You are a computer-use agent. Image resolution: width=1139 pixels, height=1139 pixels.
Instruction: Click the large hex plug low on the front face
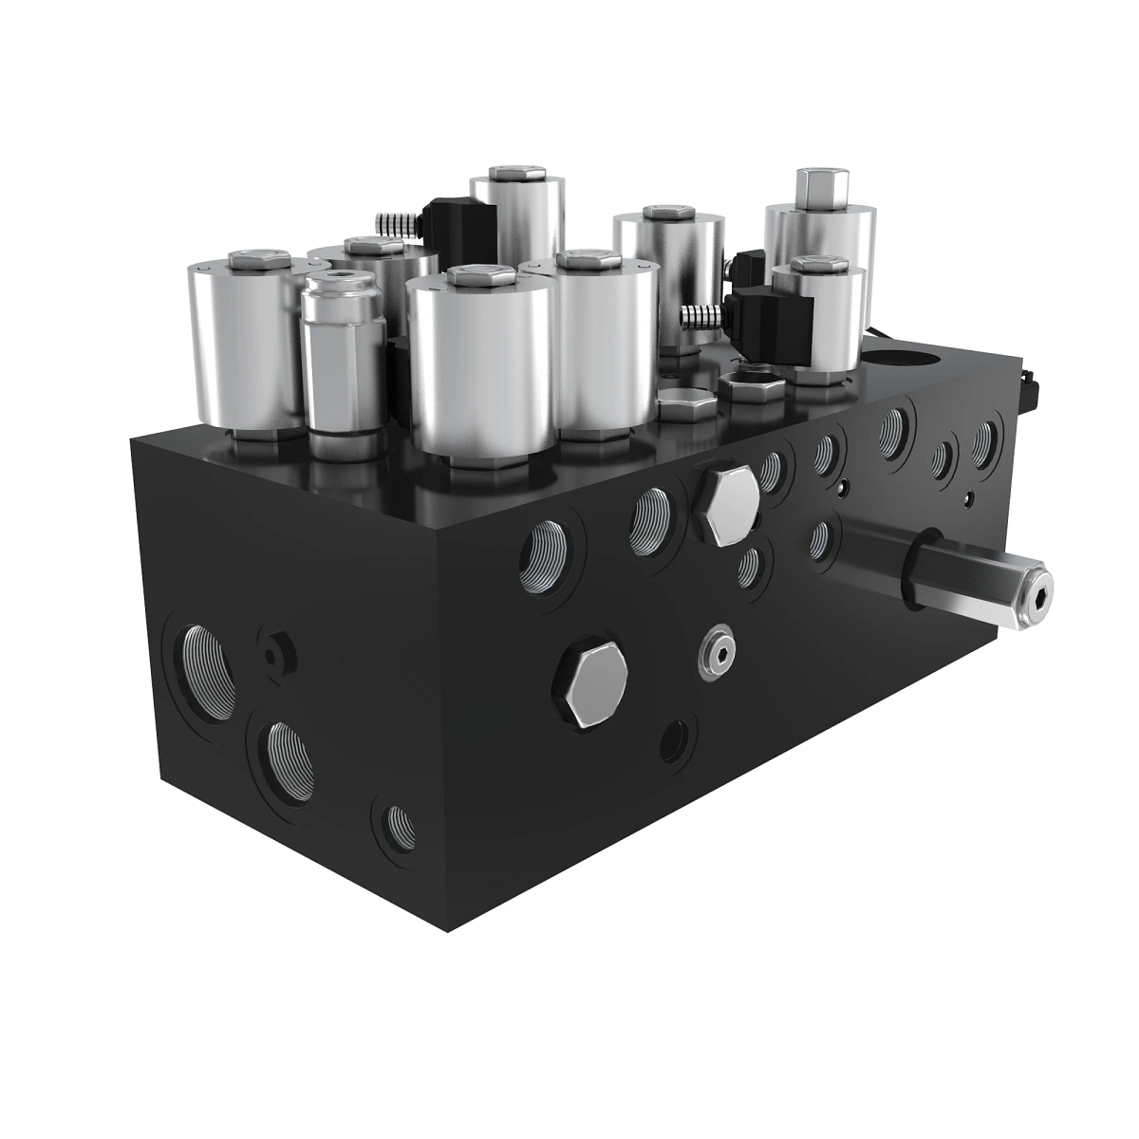590,682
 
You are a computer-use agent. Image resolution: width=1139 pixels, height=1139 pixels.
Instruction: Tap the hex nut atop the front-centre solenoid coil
481,277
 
